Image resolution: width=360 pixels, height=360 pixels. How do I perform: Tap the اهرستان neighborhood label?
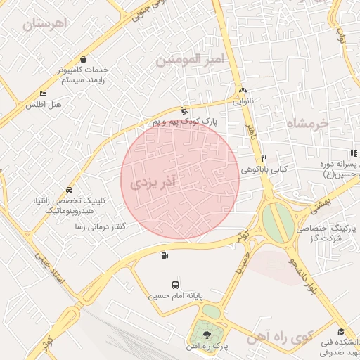(x=49, y=24)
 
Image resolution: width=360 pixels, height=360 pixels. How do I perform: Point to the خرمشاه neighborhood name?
(x=308, y=124)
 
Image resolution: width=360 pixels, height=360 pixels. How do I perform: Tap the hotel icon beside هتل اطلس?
(x=43, y=94)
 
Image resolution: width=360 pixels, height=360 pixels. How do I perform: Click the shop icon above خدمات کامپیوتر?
(x=84, y=60)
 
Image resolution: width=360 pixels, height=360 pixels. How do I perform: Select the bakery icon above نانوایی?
(x=243, y=91)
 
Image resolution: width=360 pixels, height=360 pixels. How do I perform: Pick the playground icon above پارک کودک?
(x=184, y=110)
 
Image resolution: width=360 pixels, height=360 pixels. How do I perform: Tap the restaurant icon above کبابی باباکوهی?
(x=264, y=158)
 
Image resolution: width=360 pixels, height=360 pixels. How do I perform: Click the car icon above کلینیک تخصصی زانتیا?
(x=69, y=190)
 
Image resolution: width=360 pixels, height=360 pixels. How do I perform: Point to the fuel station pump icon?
(x=165, y=255)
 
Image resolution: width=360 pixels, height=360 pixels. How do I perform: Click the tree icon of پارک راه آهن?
(x=206, y=333)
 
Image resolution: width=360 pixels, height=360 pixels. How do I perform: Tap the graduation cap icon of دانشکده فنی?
(x=341, y=332)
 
